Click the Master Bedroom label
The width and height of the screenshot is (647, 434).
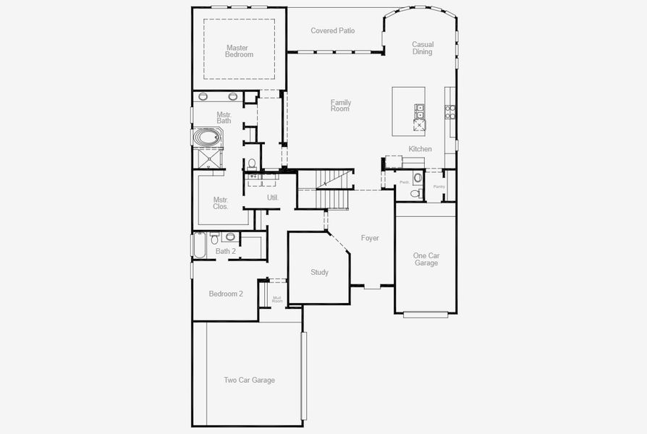click(239, 51)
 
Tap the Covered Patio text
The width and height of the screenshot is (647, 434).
click(332, 31)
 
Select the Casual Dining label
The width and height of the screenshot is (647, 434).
click(422, 48)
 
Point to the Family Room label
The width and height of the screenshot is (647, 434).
click(340, 106)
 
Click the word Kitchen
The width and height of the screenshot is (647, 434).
click(420, 149)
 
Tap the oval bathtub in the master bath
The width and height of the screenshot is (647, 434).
click(208, 137)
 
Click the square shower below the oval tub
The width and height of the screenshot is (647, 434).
click(208, 157)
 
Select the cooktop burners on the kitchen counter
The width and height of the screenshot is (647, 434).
click(449, 112)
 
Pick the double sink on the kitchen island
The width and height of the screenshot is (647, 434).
click(419, 111)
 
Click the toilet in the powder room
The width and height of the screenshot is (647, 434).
click(414, 193)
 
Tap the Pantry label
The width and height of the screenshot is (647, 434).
click(439, 187)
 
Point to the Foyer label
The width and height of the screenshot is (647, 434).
click(370, 238)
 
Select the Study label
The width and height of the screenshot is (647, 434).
click(319, 273)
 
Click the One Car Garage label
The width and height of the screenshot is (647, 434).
click(426, 260)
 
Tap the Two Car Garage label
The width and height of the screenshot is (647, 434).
click(249, 380)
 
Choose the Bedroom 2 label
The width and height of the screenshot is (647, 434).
click(226, 294)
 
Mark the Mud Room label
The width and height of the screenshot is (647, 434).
click(277, 299)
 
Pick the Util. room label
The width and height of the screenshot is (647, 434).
click(273, 197)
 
